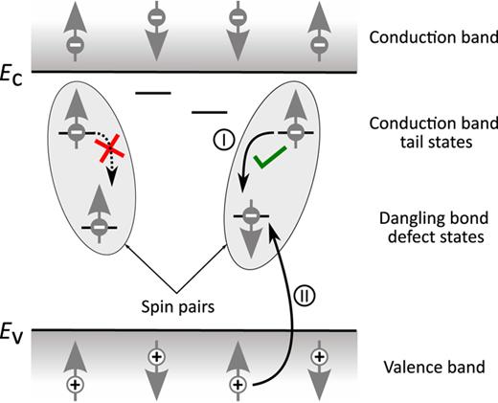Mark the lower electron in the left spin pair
[97, 226]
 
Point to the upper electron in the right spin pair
[297, 130]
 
